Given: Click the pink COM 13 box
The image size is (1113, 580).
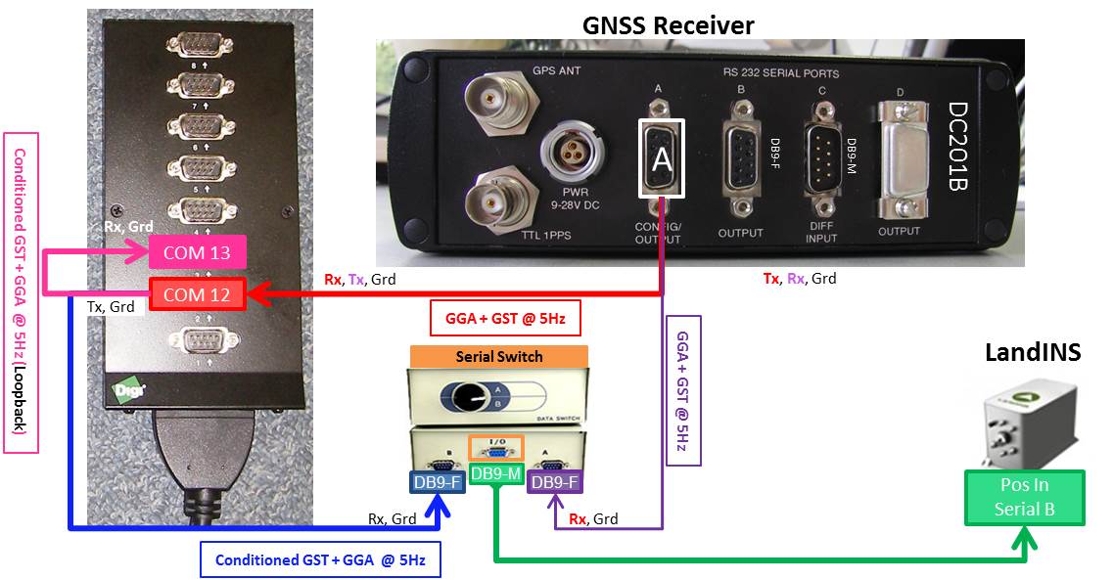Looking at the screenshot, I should pos(197,253).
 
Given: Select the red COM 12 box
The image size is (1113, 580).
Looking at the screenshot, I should pos(197,294).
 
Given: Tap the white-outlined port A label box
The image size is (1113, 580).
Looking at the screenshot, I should pos(662,157).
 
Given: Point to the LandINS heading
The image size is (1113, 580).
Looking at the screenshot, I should pos(1033,352).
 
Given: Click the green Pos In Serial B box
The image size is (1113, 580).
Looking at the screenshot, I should pos(1024,498).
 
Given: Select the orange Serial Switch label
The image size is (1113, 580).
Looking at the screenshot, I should pos(498,356).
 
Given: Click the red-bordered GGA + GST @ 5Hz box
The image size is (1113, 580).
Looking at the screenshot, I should pos(498,318).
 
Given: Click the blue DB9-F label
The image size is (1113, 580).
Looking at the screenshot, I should pos(436,481).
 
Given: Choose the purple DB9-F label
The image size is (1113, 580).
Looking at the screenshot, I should pos(554,481).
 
